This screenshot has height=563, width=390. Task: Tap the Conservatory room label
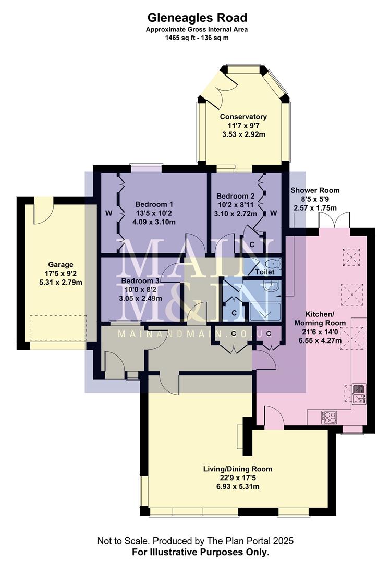pyautogui.click(x=243, y=117)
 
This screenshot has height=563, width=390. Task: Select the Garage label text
pyautogui.click(x=60, y=265)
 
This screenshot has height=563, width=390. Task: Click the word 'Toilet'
pyautogui.click(x=265, y=272)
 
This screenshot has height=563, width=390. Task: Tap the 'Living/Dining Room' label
pyautogui.click(x=238, y=469)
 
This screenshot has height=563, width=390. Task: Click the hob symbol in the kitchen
pyautogui.click(x=330, y=417)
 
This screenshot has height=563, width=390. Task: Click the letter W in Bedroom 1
pyautogui.click(x=109, y=213)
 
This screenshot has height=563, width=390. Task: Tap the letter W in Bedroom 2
pyautogui.click(x=273, y=213)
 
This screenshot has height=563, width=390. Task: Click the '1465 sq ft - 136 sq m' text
pyautogui.click(x=197, y=38)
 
